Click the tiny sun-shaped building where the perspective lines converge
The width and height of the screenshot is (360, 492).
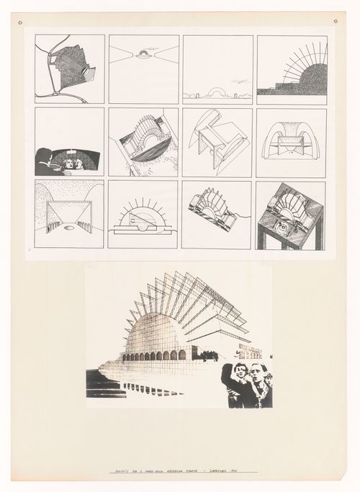pyautogui.click(x=143, y=53)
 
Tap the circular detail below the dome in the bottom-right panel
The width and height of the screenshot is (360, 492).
pyautogui.click(x=282, y=230)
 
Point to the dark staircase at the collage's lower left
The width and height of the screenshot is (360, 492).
pyautogui.click(x=101, y=383)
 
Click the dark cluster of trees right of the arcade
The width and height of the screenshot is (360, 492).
pyautogui.click(x=209, y=355)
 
